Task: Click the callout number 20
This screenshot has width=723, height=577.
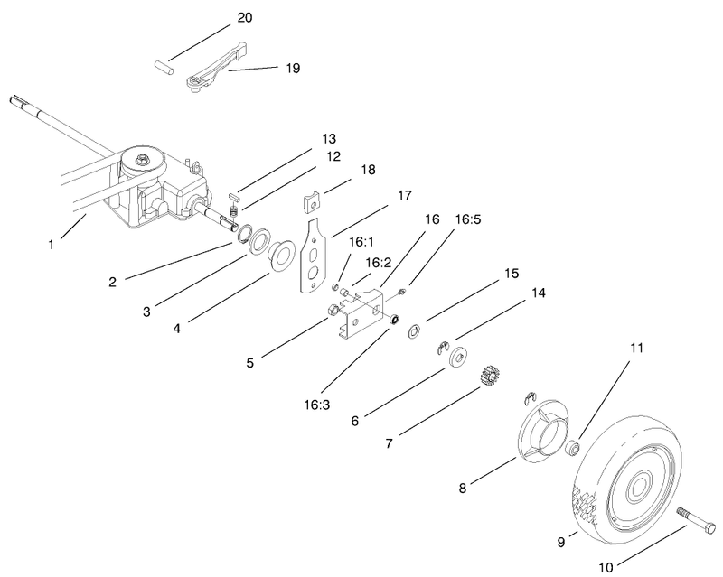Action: point(244,18)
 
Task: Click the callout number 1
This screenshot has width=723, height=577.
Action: point(52,244)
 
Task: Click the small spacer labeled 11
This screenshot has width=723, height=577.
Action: point(571,447)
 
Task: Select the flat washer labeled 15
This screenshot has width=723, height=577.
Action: point(414,330)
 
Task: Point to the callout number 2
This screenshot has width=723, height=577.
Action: point(112,282)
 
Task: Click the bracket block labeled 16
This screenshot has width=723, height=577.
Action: point(361,317)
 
